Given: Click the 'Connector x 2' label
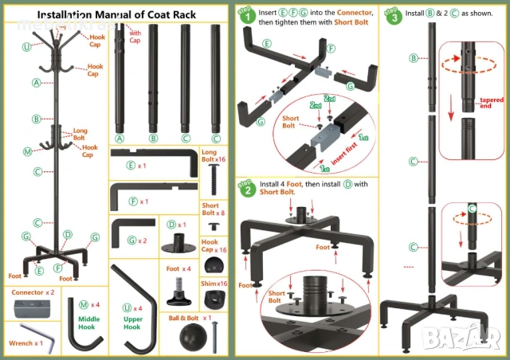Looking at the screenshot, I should pos(33,293).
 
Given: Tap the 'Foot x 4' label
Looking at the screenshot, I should pos(178,269).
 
